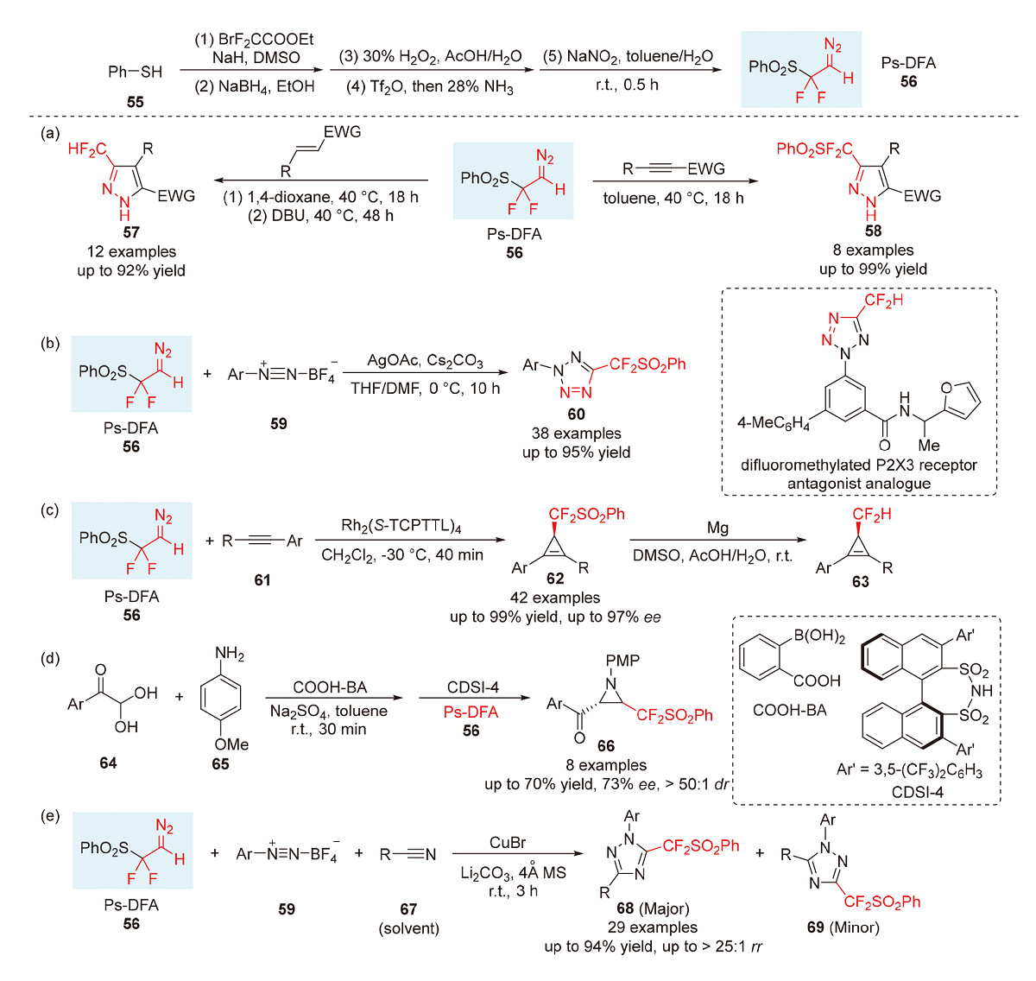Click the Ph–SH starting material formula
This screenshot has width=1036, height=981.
[135, 72]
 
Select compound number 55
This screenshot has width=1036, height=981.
[135, 102]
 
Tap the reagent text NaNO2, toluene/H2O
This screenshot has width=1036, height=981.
[628, 57]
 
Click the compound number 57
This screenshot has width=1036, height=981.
[131, 232]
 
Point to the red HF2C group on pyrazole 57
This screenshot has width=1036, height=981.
[87, 150]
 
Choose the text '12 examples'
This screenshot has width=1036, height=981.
[131, 251]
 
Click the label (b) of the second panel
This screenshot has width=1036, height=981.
[50, 344]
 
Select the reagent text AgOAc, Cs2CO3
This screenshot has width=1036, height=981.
[425, 360]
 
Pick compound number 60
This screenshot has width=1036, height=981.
[576, 415]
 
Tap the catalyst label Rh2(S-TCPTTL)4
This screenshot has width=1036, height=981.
[401, 526]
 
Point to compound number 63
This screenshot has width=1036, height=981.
[860, 581]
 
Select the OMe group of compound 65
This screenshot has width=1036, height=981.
[231, 744]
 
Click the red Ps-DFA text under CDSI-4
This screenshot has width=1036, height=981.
[471, 712]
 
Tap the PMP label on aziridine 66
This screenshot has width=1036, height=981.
[622, 661]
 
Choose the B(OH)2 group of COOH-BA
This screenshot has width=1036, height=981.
[819, 637]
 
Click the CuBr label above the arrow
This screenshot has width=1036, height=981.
[508, 843]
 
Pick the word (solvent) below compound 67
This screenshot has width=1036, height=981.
[408, 928]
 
